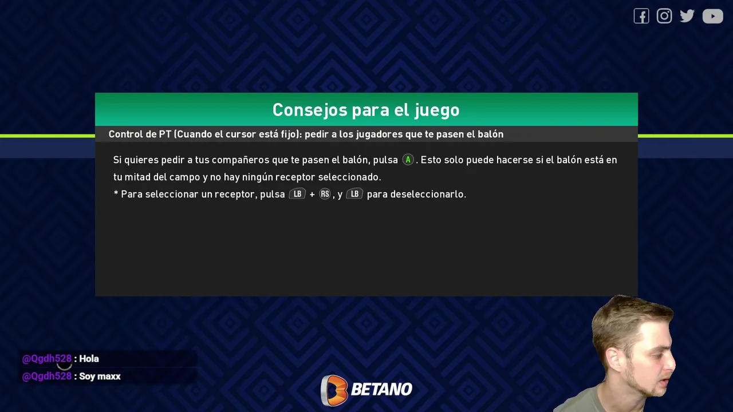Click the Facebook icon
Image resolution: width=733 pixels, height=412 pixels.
pyautogui.click(x=641, y=16)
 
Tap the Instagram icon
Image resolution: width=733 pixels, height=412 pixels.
pyautogui.click(x=664, y=15)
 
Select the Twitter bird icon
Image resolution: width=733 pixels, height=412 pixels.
pyautogui.click(x=687, y=15)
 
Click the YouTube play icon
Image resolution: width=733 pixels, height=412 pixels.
pyautogui.click(x=712, y=16)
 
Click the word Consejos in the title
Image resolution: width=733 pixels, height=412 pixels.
pyautogui.click(x=310, y=110)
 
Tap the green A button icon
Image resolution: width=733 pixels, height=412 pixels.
pyautogui.click(x=408, y=160)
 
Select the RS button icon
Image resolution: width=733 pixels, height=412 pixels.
pyautogui.click(x=325, y=194)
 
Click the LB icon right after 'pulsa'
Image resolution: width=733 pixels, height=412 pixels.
pyautogui.click(x=297, y=194)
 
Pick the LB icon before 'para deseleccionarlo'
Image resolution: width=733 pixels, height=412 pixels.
pyautogui.click(x=354, y=194)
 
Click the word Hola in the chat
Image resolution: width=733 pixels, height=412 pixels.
pyautogui.click(x=89, y=359)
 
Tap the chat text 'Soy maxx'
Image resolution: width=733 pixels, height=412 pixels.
pyautogui.click(x=100, y=377)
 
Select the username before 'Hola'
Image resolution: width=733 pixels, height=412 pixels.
pyautogui.click(x=47, y=359)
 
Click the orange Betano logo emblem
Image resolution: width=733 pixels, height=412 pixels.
pyautogui.click(x=334, y=390)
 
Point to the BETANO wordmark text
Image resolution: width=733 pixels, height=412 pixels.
pyautogui.click(x=381, y=389)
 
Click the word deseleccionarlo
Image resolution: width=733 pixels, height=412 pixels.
pyautogui.click(x=428, y=194)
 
